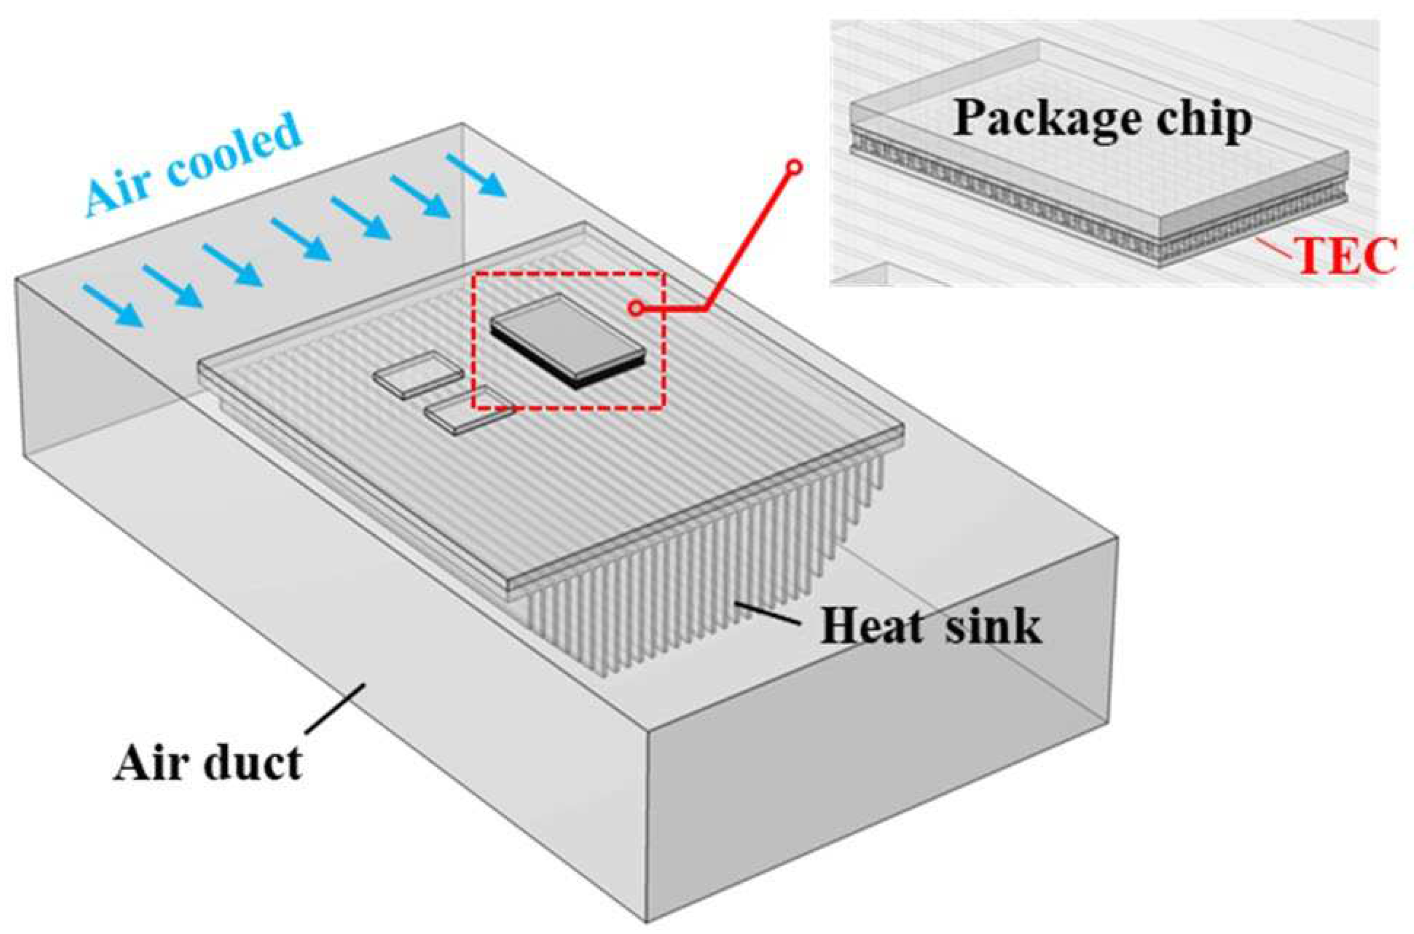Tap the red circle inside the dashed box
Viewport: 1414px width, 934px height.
point(636,308)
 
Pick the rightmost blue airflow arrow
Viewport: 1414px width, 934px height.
point(477,175)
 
